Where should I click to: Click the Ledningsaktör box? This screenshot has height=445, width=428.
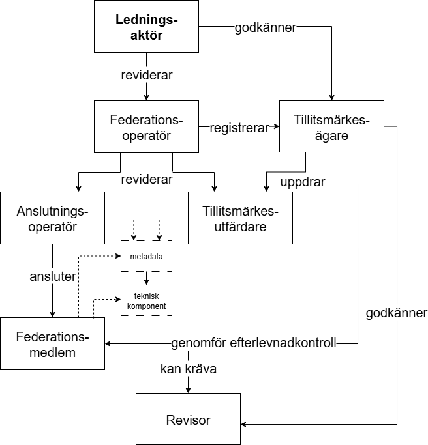click(x=147, y=27)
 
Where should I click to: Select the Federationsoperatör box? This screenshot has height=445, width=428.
click(x=147, y=127)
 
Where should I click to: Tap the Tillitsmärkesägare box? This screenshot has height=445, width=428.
click(x=331, y=127)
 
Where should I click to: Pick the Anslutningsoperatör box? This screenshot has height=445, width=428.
click(x=52, y=218)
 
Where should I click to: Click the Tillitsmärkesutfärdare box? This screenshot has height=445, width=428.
click(x=240, y=218)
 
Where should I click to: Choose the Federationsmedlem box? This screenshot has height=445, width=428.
click(x=52, y=343)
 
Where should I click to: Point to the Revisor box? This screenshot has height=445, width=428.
click(x=188, y=420)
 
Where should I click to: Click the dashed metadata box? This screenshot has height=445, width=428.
click(x=147, y=256)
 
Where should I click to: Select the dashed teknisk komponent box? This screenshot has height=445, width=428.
click(x=147, y=301)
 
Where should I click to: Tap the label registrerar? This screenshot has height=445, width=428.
click(x=239, y=128)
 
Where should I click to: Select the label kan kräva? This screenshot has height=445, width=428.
click(x=189, y=369)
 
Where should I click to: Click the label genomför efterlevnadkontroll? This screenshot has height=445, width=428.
click(x=254, y=343)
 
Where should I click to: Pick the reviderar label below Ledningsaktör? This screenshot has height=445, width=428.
click(x=147, y=75)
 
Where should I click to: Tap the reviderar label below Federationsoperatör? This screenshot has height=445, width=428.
click(x=147, y=179)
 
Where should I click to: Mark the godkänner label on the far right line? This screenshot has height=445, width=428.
click(x=396, y=313)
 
